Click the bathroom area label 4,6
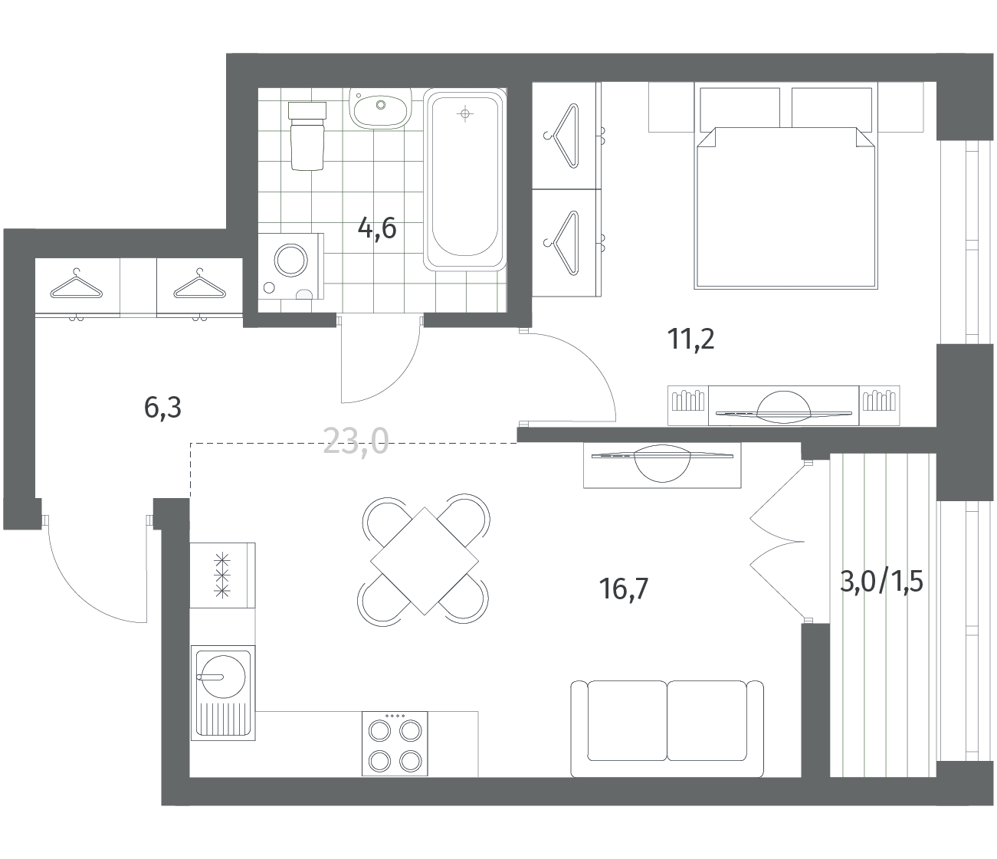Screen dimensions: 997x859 tap(377, 228)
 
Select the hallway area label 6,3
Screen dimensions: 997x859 tap(162, 408)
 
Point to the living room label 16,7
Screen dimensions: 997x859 tap(623, 589)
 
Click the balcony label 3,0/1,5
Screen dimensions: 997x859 tap(881, 581)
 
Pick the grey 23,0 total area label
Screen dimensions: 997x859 tap(356, 441)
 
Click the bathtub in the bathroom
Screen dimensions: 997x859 tap(464, 179)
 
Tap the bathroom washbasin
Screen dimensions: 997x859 tap(381, 109)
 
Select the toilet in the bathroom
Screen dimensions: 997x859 tap(307, 136)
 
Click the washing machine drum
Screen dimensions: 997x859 tap(291, 261)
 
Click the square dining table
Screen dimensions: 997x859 tap(425, 561)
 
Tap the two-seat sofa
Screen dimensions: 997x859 tap(667, 728)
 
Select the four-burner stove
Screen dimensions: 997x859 tap(395, 744)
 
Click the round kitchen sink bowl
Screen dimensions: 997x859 tap(223, 677)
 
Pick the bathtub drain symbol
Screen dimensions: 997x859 tap(465, 114)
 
